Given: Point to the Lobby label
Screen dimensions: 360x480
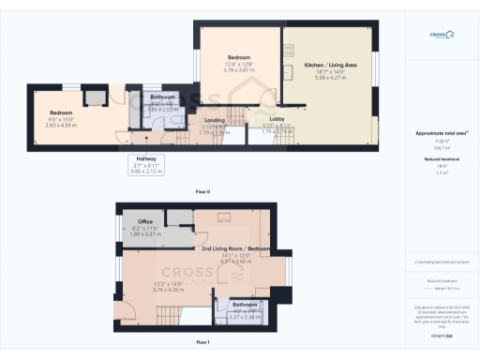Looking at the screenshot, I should [x=277, y=119].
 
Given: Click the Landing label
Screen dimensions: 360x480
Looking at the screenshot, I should [x=216, y=120].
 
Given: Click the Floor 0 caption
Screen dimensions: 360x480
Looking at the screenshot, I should [x=202, y=191].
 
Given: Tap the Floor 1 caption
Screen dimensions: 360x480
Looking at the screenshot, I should [x=202, y=342].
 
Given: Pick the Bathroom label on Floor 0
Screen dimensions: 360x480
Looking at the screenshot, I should [x=164, y=97].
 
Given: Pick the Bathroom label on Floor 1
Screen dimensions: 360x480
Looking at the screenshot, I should [x=245, y=305].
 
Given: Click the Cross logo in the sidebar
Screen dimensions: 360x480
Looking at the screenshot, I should [x=442, y=36].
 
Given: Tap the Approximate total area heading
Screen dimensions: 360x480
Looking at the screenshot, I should [x=442, y=133].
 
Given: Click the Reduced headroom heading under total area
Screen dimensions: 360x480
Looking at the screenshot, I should [x=442, y=159].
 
